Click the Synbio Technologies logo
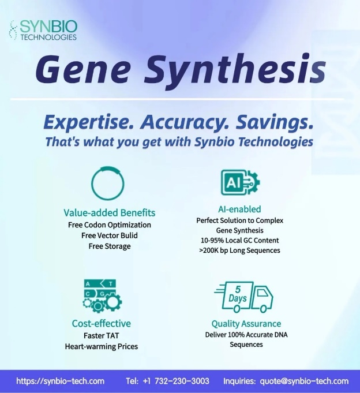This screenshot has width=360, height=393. [x=43, y=30]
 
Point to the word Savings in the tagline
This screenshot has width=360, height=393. [x=275, y=122]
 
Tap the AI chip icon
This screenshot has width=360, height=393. [x=240, y=182]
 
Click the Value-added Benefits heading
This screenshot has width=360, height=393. [x=110, y=212]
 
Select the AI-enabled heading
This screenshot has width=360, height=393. [x=239, y=209]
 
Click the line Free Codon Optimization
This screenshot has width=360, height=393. [x=110, y=225]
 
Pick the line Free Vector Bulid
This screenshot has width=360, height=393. [x=110, y=235]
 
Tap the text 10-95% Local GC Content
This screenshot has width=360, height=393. [x=240, y=241]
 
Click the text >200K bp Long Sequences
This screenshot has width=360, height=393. [x=240, y=250]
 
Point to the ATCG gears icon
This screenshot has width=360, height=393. [x=102, y=295]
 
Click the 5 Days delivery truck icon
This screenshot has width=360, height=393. [x=243, y=297]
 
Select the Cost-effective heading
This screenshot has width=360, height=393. [x=102, y=323]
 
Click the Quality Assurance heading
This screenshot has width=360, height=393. [x=246, y=324]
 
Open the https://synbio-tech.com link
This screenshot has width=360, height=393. [x=61, y=381]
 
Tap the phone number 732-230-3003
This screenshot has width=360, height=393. [x=182, y=381]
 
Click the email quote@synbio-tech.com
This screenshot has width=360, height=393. [x=304, y=381]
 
